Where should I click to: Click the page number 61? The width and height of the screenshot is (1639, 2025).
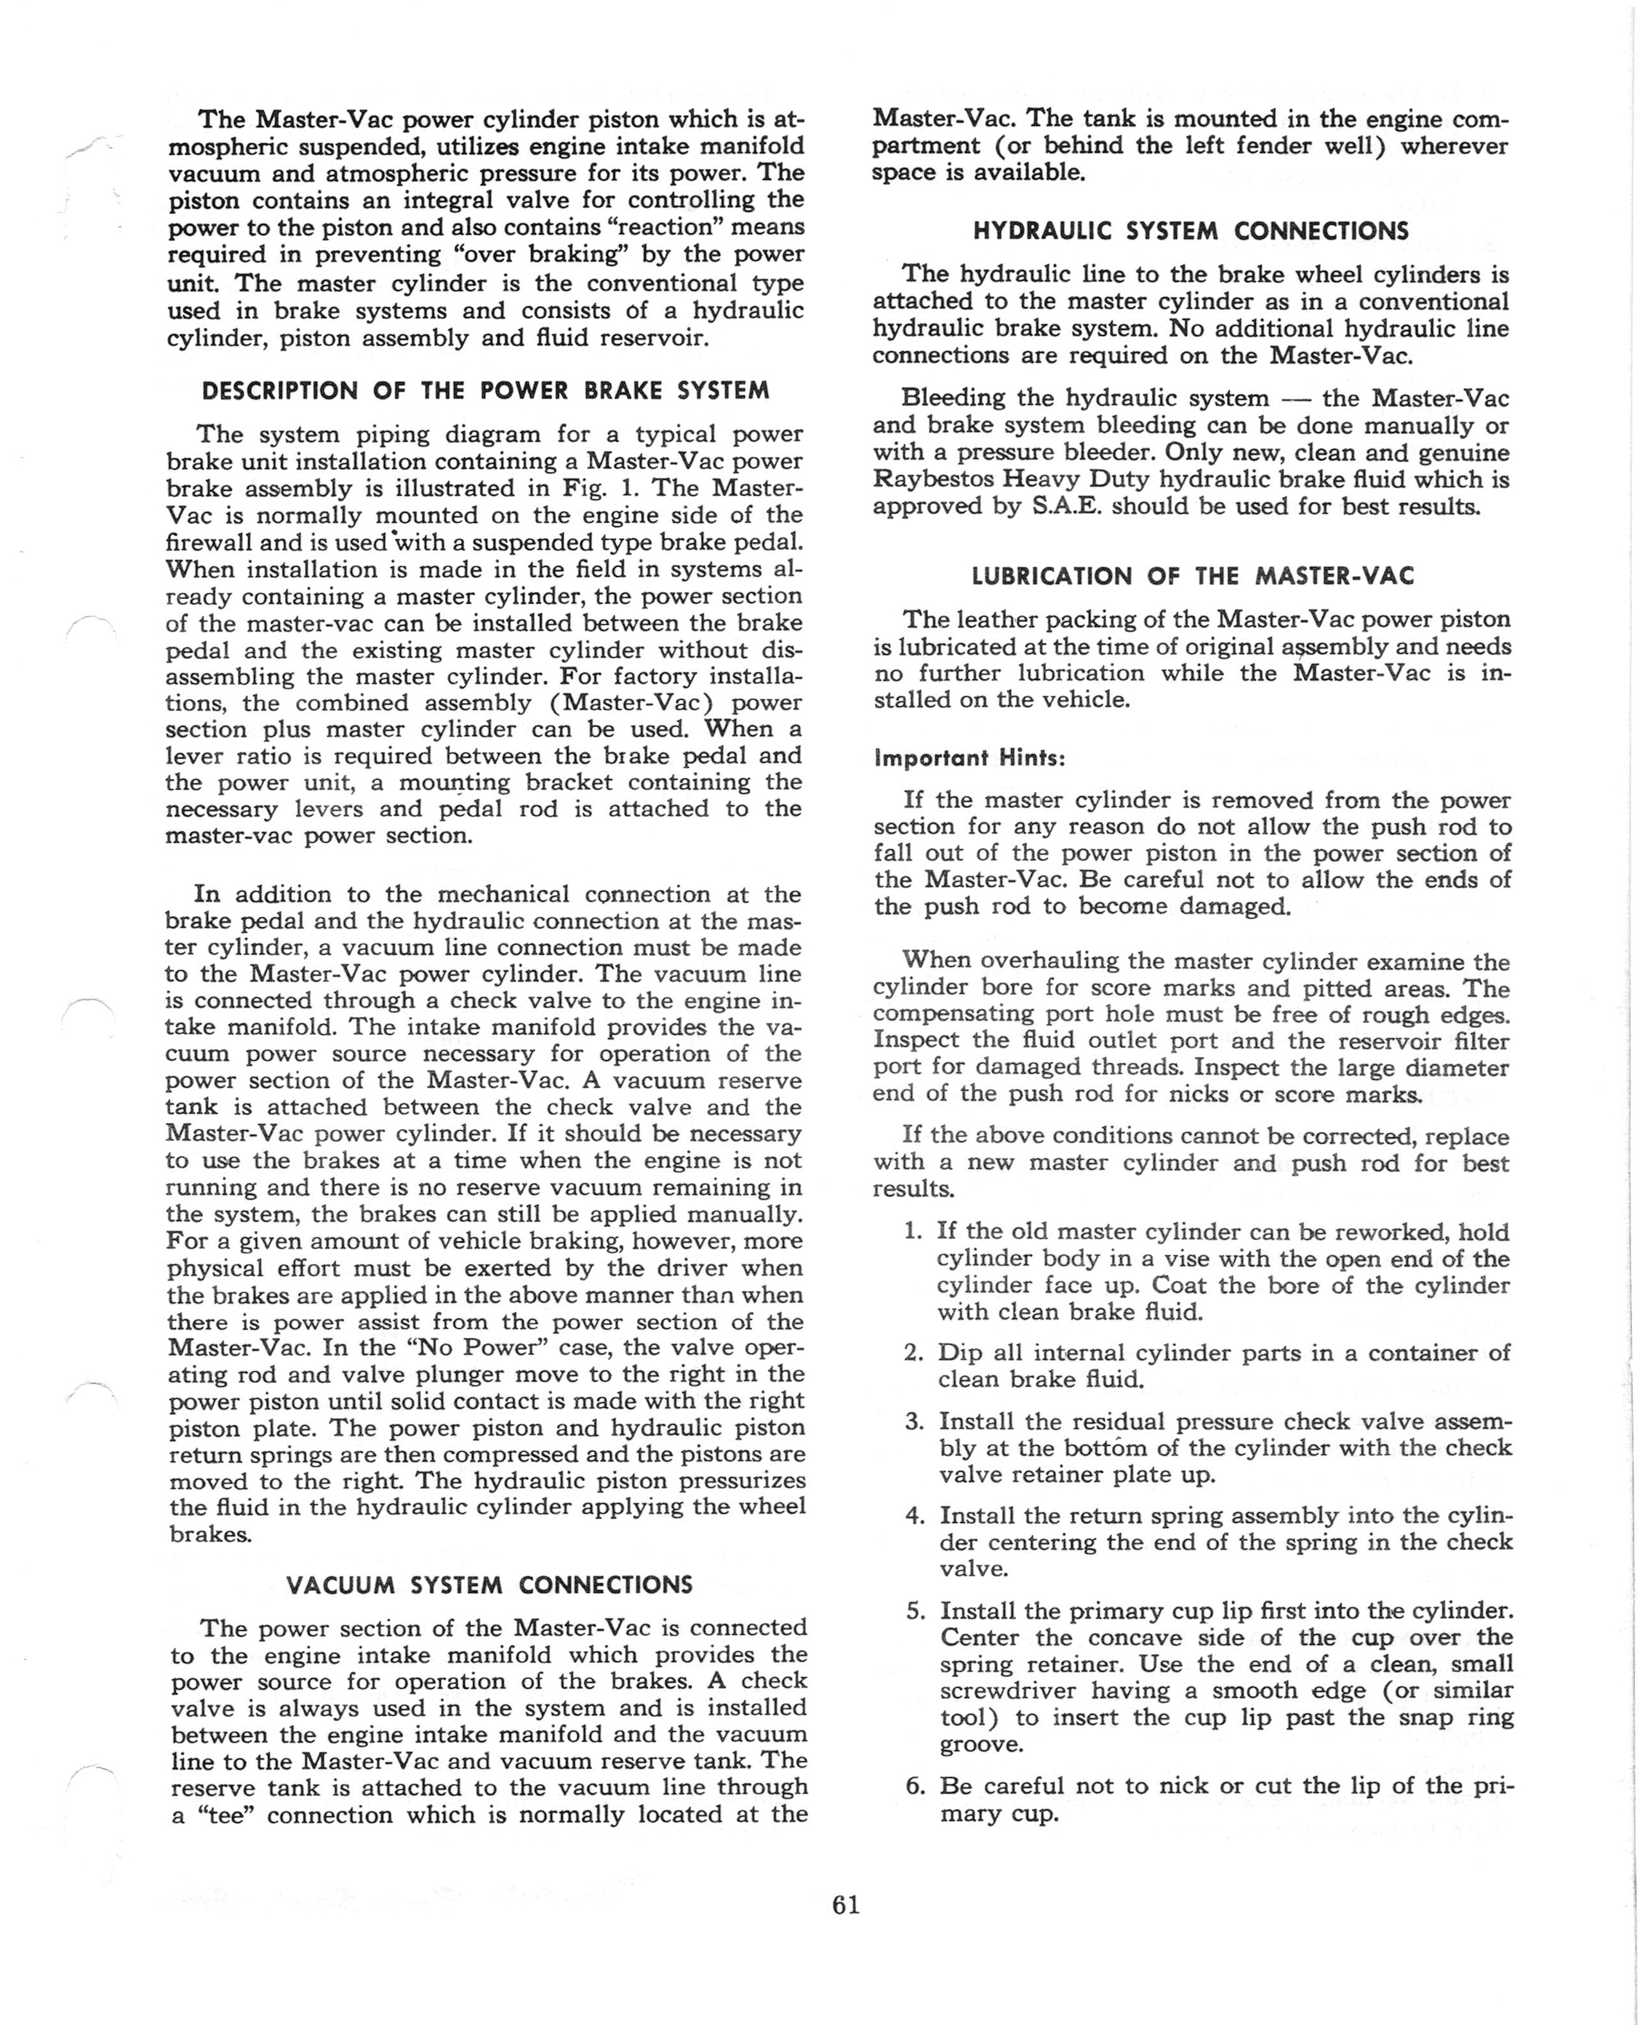846,1905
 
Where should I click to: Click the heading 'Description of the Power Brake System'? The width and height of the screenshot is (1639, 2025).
486,391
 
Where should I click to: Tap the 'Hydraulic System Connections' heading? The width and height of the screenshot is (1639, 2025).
1190,231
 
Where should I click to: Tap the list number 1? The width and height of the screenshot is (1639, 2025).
913,1231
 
